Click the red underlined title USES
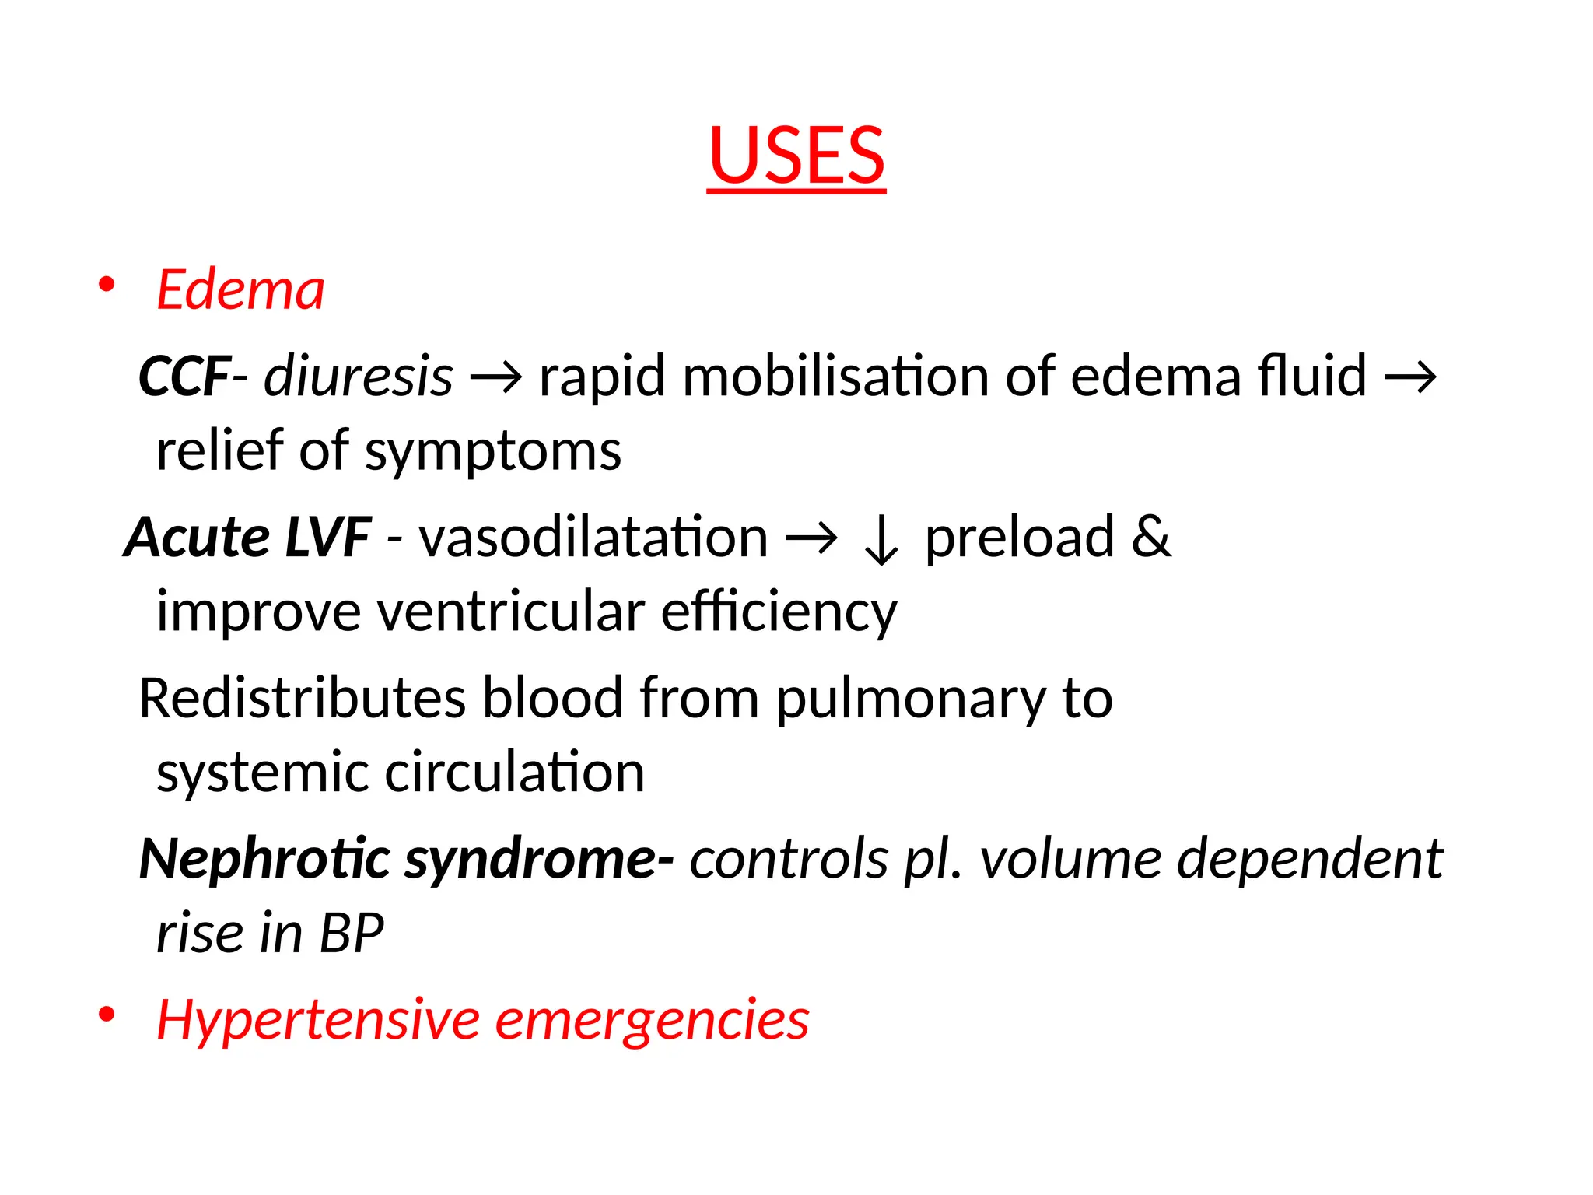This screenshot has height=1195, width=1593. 796,156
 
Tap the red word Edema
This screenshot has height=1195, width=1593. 240,289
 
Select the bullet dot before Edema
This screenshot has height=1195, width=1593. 107,285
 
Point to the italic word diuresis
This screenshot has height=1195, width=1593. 358,377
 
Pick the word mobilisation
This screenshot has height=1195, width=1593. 835,377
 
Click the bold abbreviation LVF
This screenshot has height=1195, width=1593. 327,538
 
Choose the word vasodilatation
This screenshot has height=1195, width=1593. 593,538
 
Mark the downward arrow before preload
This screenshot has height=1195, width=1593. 881,541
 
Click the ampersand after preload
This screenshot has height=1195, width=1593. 1150,538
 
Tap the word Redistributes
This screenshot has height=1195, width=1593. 303,698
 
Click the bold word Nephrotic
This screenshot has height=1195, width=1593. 264,859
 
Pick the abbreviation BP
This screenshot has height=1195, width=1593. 352,933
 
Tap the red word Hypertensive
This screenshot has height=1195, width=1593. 318,1020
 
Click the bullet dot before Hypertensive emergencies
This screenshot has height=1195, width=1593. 107,1015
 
